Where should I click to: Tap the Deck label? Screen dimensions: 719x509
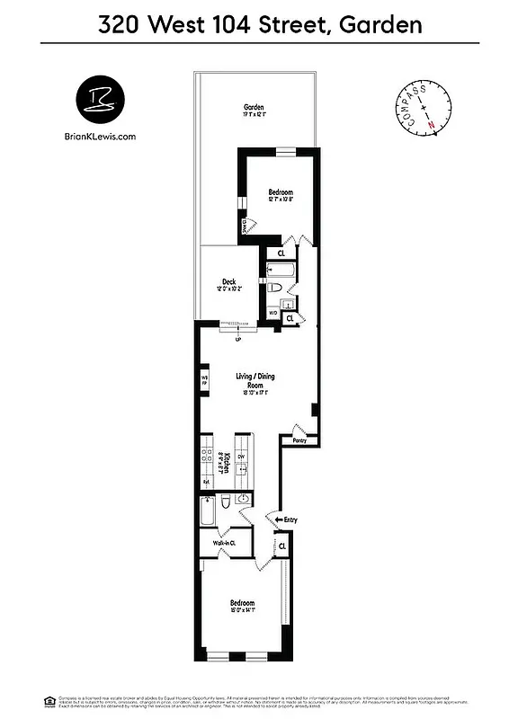point(229,281)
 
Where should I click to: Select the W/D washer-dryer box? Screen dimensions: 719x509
point(273,314)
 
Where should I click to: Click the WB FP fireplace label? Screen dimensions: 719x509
point(204,380)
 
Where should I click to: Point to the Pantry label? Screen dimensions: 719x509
point(299,440)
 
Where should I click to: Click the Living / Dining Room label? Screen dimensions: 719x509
point(255,380)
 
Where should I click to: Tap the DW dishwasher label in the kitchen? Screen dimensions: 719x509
point(241,457)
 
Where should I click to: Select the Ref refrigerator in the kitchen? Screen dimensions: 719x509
point(206,482)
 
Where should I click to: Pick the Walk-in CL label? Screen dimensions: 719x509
point(225,543)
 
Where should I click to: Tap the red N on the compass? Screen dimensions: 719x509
point(431,124)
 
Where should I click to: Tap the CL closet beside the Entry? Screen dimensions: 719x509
point(282,546)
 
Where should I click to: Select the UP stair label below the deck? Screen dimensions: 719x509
point(237,340)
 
